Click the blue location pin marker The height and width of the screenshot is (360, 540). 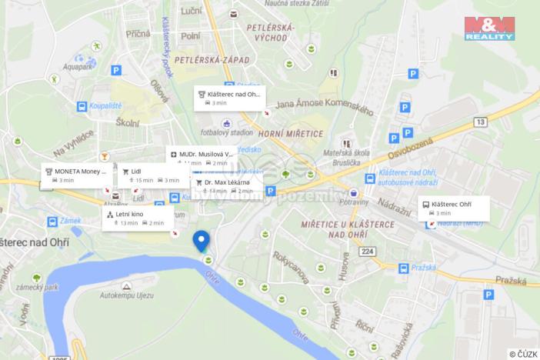coord(202,241)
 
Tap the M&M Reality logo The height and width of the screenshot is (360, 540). coord(489,27)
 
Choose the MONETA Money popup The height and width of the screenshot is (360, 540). coord(78,175)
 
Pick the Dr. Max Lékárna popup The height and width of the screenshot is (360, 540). coord(227,185)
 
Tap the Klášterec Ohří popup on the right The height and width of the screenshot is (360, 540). coord(454,208)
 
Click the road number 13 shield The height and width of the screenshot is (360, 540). coord(481,122)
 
